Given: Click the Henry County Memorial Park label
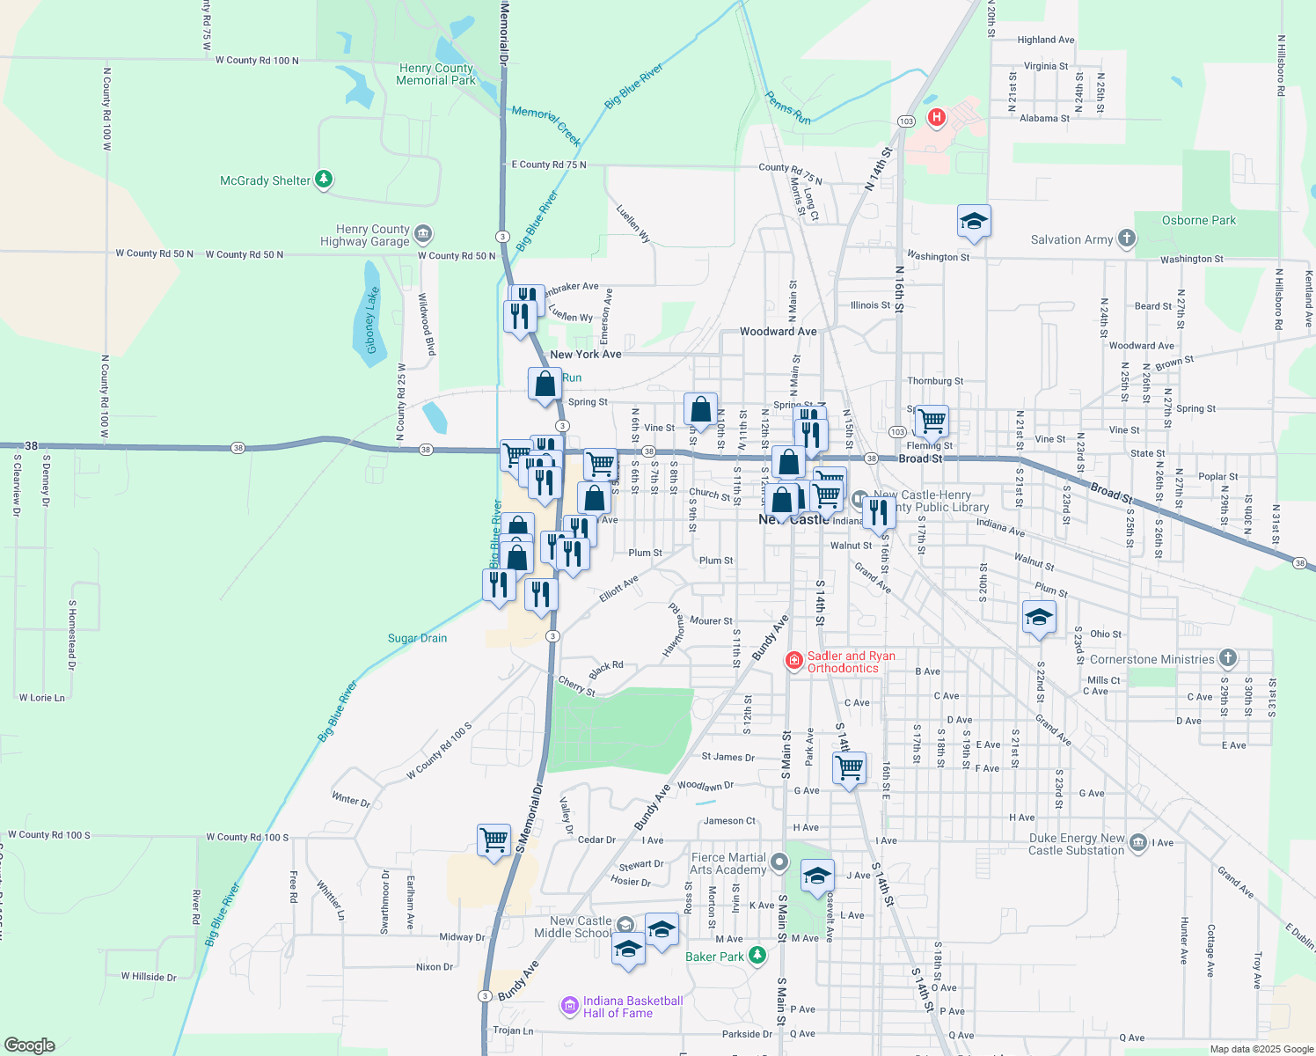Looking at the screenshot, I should (x=435, y=74).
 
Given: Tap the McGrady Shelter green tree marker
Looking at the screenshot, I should (x=324, y=180).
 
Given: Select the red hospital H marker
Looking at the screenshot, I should (x=937, y=116).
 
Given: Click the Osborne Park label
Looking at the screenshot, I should (x=1198, y=220).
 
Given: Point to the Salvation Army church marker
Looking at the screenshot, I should (x=1127, y=238).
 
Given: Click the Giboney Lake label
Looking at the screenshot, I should (x=372, y=319).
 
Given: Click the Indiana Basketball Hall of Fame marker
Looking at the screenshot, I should (x=570, y=1005).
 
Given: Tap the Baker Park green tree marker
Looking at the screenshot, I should (x=757, y=956).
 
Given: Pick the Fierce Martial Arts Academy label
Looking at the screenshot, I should (x=728, y=863).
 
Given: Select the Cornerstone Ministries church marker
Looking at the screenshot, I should (x=1228, y=658).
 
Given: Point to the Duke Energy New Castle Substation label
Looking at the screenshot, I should (x=1077, y=844).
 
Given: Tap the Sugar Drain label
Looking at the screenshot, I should (x=417, y=638).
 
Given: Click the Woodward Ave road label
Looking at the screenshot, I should (x=778, y=332).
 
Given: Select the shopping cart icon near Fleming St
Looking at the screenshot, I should (x=932, y=421).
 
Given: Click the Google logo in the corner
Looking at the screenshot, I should (x=29, y=1045).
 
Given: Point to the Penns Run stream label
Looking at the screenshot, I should (x=787, y=107).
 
